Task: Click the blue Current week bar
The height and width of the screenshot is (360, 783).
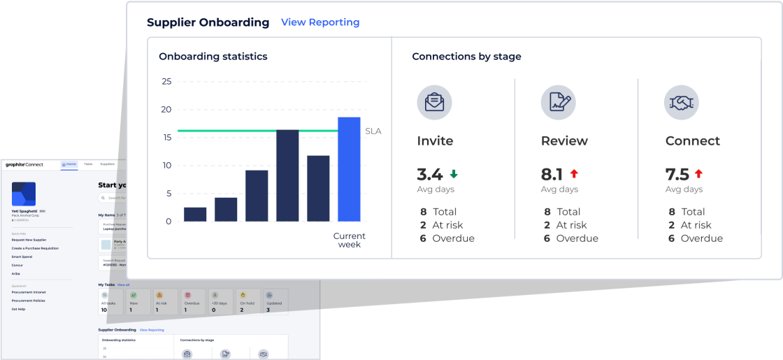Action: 349,169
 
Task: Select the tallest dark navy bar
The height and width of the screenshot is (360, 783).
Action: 287,176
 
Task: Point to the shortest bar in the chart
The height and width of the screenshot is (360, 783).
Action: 195,214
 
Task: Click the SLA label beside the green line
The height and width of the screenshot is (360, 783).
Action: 373,131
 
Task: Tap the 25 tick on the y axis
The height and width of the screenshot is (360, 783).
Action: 166,81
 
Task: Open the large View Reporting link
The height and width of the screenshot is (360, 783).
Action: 320,22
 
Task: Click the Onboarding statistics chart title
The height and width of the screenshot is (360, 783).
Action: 213,57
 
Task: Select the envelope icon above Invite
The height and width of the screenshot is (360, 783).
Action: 434,102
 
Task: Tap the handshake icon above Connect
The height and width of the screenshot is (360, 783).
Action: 682,102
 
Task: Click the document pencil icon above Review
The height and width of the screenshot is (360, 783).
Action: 558,102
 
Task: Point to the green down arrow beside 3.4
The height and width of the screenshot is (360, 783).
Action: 454,174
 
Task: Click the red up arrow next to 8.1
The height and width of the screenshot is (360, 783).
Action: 575,174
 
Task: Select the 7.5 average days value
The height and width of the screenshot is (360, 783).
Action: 677,175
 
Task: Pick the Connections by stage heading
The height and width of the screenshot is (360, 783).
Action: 466,57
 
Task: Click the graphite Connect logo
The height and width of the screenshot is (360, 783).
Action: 24,164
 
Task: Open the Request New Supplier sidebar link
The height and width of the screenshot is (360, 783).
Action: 29,240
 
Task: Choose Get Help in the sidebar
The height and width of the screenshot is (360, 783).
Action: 18,309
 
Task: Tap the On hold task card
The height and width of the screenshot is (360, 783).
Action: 246,302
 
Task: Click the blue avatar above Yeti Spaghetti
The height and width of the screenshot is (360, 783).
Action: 24,194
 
